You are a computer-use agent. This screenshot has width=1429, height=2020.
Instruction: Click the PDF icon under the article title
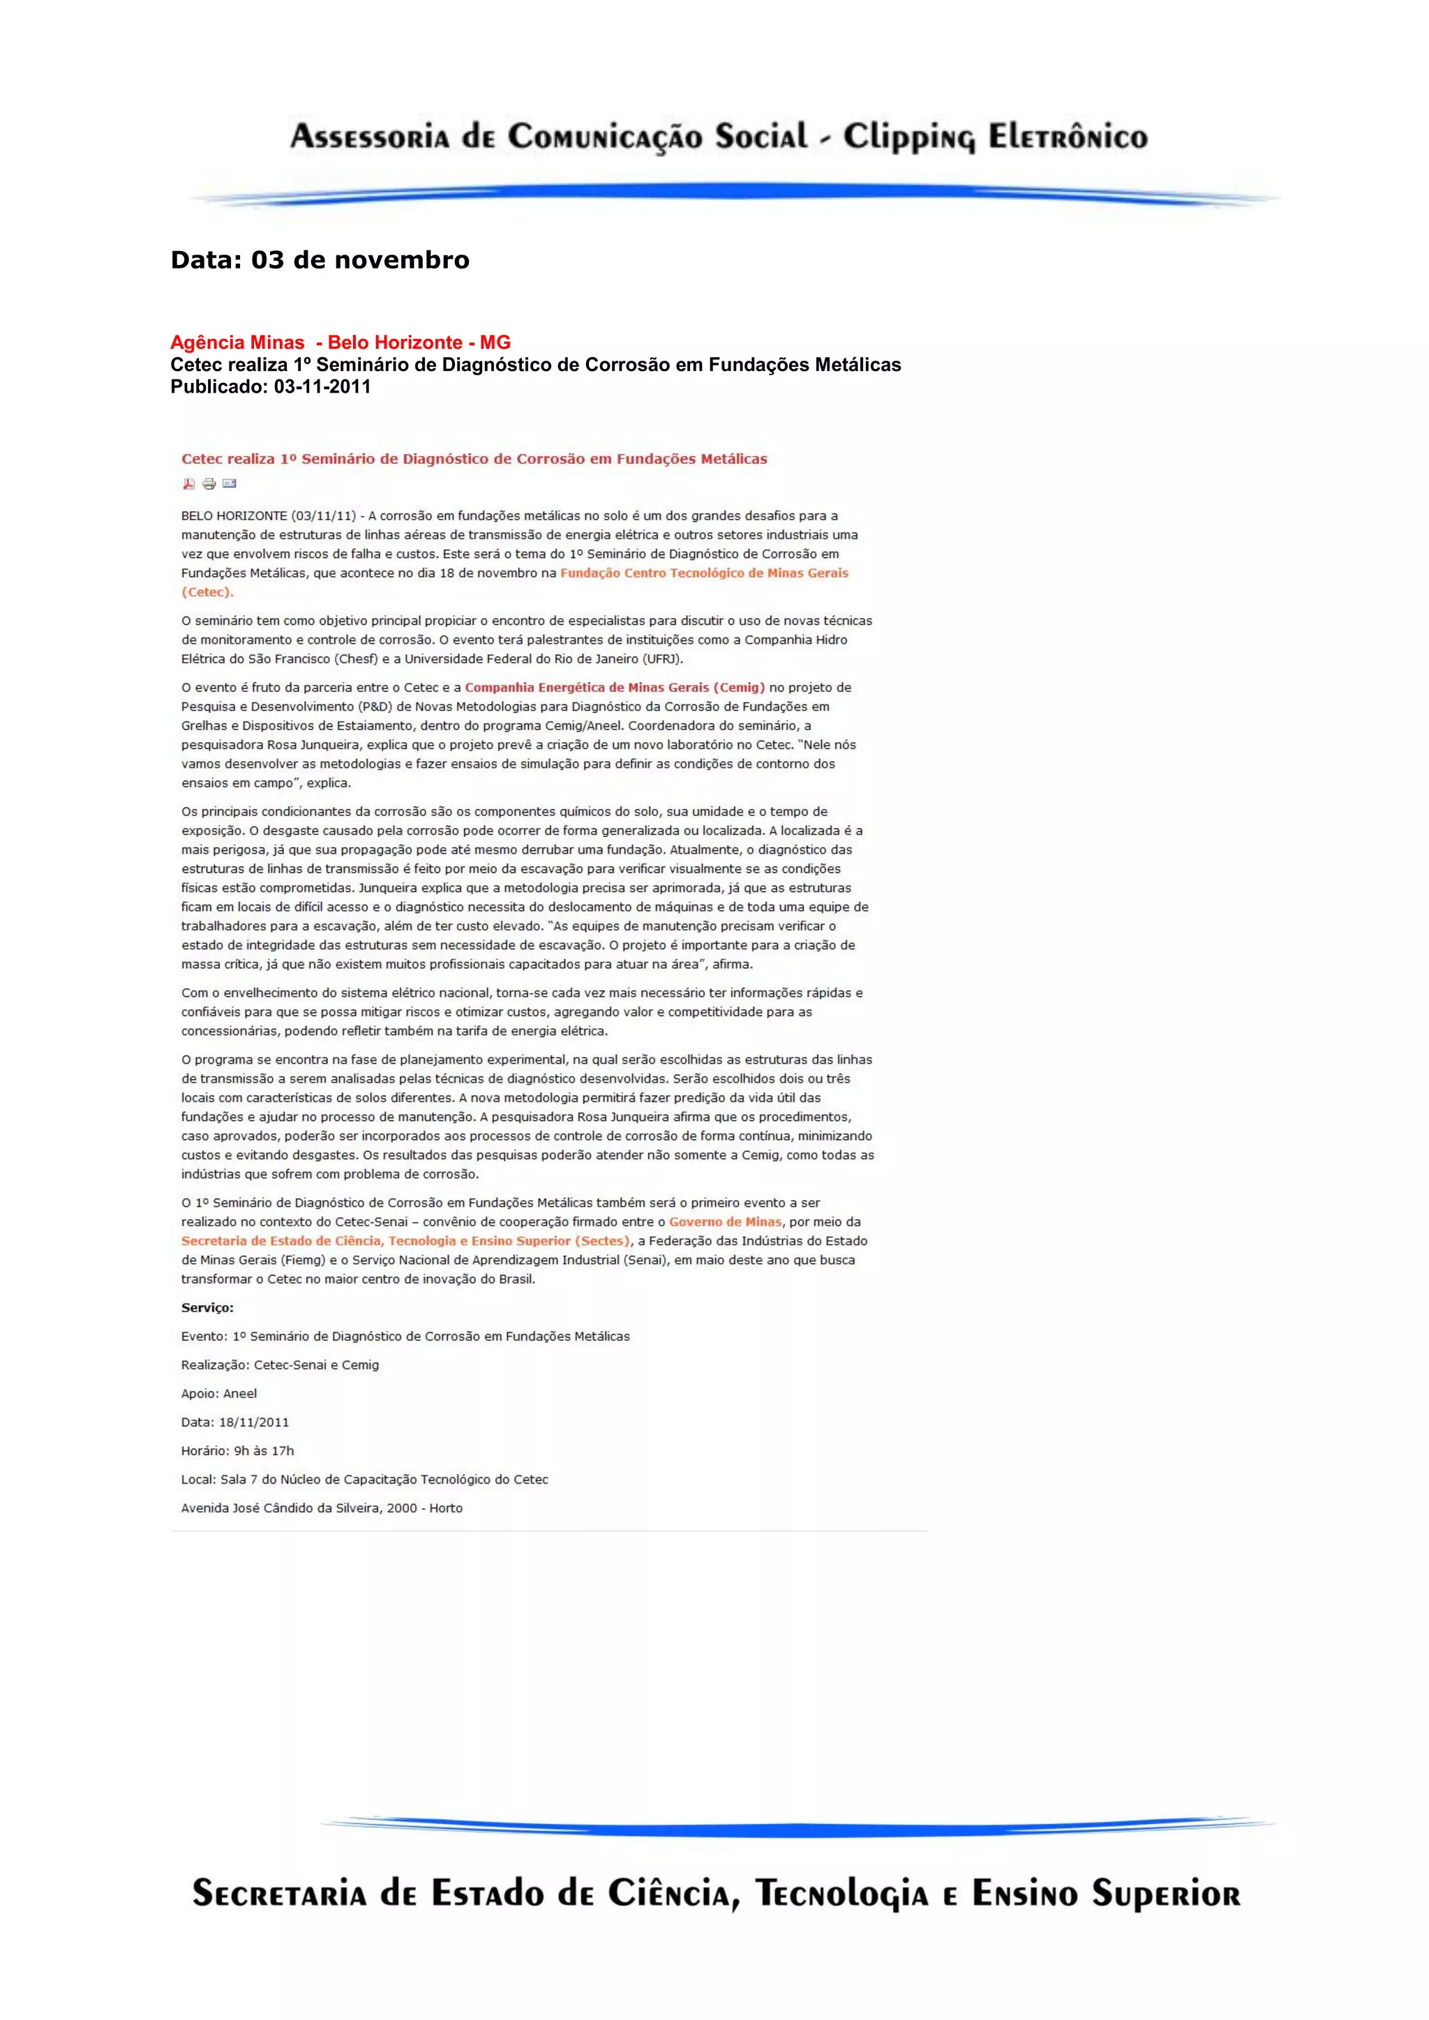(188, 483)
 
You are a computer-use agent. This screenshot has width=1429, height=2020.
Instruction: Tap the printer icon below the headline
(209, 483)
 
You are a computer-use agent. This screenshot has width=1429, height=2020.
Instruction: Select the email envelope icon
(230, 483)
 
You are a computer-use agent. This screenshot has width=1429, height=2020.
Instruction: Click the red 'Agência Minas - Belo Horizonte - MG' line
(340, 342)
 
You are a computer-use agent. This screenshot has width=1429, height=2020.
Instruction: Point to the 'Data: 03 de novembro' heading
(320, 260)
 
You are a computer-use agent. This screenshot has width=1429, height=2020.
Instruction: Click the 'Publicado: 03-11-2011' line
(270, 386)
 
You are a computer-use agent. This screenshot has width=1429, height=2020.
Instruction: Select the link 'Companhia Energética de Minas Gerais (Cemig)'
(614, 687)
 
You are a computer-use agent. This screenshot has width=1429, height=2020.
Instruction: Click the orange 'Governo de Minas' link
(725, 1221)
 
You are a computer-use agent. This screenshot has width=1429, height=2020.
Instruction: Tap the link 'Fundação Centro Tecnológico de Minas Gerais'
(704, 573)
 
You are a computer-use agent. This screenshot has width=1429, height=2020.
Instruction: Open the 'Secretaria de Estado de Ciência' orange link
(405, 1240)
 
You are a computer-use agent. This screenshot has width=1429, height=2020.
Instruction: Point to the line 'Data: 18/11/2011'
(235, 1422)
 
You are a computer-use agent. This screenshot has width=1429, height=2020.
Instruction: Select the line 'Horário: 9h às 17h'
(237, 1451)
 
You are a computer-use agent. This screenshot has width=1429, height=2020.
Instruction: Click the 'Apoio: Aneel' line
(219, 1394)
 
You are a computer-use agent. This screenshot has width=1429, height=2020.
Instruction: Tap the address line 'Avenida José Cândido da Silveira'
(321, 1508)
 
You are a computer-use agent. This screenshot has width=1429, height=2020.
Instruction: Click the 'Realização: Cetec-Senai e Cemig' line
(280, 1364)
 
